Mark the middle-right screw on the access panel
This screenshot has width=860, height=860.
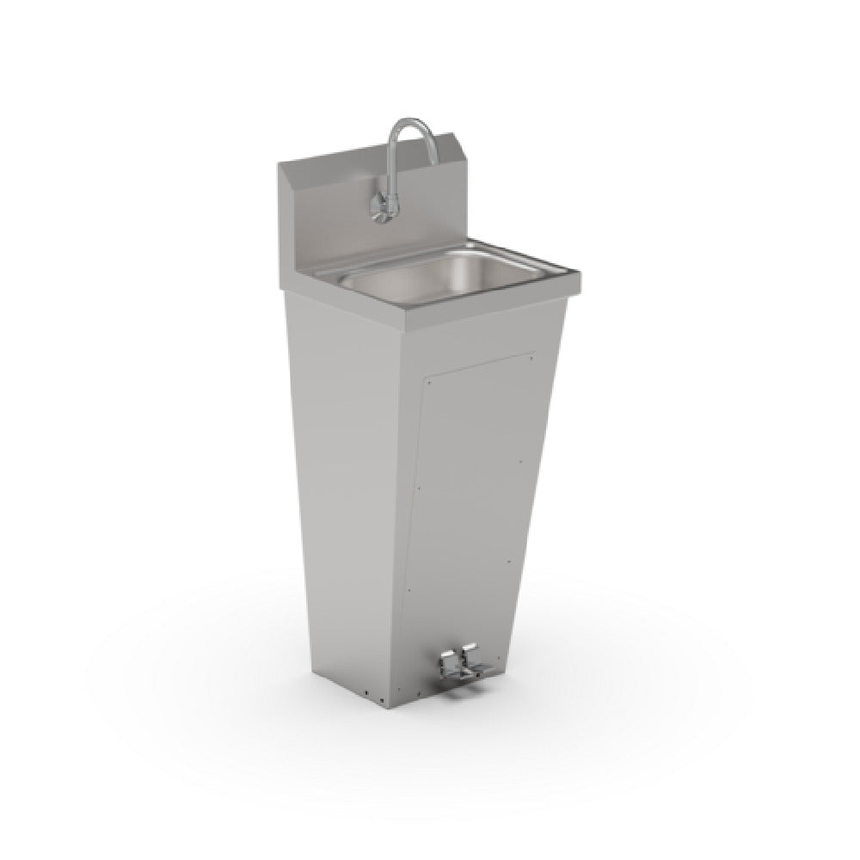[x=522, y=460]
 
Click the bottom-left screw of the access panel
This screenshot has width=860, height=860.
[x=409, y=592]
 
